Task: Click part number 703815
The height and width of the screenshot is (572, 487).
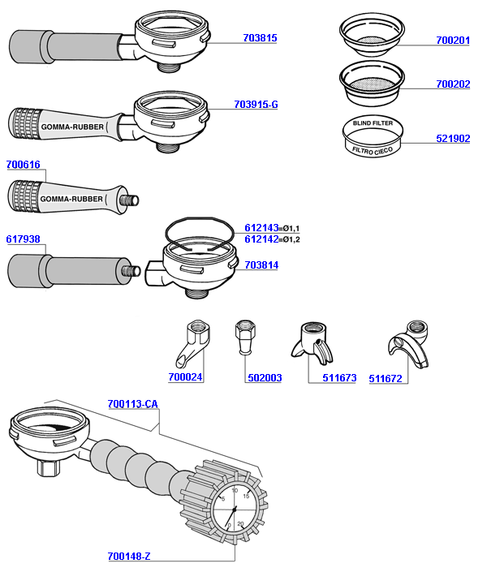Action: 260,38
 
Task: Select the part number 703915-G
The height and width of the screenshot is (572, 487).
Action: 256,105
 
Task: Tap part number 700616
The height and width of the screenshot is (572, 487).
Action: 23,165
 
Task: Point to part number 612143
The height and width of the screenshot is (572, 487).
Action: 261,228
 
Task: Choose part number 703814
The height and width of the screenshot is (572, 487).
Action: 261,264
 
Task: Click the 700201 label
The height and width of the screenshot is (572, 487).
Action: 453,40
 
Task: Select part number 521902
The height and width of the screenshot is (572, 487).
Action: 453,139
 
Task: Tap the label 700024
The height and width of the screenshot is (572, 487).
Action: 185,377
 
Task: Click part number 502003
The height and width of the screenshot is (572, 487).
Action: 264,377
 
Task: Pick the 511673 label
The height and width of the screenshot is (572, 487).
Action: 339,378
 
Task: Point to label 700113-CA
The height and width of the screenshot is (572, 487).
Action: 132,404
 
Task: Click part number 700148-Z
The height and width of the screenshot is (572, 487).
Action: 129,557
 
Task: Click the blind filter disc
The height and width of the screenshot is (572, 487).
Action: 373,136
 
